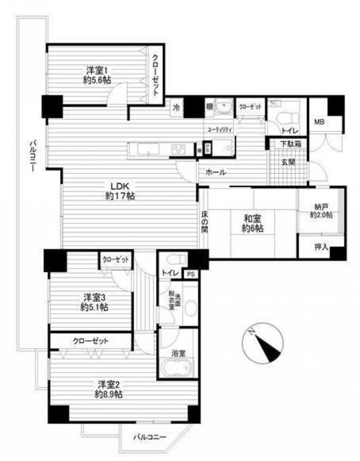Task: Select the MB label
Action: [x=319, y=122]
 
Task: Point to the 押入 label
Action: [x=321, y=248]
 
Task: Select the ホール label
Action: [x=216, y=172]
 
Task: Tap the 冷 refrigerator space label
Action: [x=176, y=107]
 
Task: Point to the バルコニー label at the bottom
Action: [x=149, y=436]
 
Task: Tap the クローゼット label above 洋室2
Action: [x=90, y=342]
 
